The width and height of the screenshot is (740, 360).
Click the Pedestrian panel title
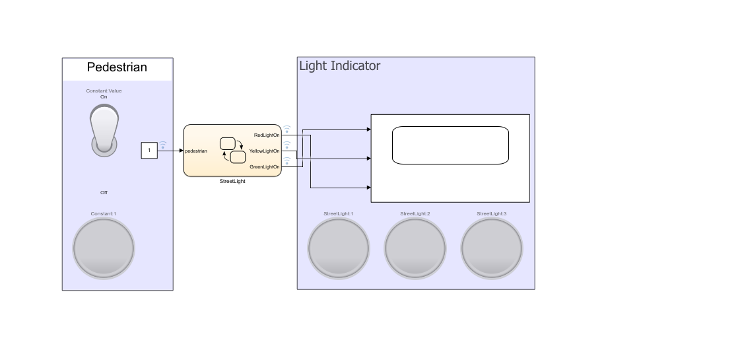tap(117, 67)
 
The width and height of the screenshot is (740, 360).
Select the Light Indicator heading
tap(340, 66)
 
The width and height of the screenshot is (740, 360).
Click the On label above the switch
tap(104, 97)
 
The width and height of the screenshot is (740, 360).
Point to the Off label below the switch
tap(104, 193)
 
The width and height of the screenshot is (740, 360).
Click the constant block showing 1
tap(149, 151)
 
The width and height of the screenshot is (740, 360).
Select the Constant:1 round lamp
tap(104, 248)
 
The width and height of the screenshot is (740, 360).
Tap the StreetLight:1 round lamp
tap(339, 248)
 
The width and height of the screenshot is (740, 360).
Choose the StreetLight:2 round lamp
tap(415, 248)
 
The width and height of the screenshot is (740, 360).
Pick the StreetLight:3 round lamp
tap(492, 248)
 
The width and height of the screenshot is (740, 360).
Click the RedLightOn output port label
tap(267, 135)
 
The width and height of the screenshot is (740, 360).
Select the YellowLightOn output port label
tap(264, 151)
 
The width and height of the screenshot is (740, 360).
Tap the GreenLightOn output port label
tap(265, 167)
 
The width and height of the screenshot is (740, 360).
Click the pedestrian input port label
tap(196, 151)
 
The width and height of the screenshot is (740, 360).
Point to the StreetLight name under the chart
tap(232, 181)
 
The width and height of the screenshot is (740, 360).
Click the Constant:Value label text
tap(104, 91)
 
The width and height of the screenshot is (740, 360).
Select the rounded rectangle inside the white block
tap(450, 145)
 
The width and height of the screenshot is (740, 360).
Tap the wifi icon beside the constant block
tap(163, 144)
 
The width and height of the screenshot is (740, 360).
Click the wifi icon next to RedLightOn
tap(287, 128)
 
